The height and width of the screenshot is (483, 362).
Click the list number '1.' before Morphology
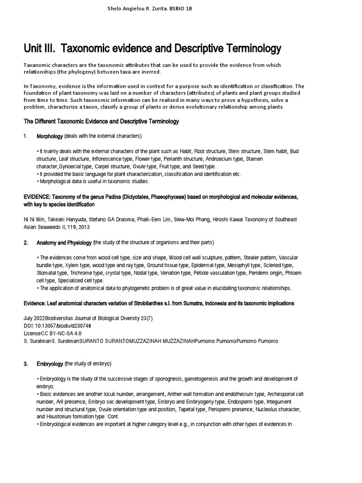pyautogui.click(x=26, y=136)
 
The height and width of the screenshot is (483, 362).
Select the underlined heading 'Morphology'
pyautogui.click(x=49, y=136)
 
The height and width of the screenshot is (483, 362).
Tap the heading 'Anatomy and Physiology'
pyautogui.click(x=64, y=242)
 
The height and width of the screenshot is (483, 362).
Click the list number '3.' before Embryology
pyautogui.click(x=26, y=364)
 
